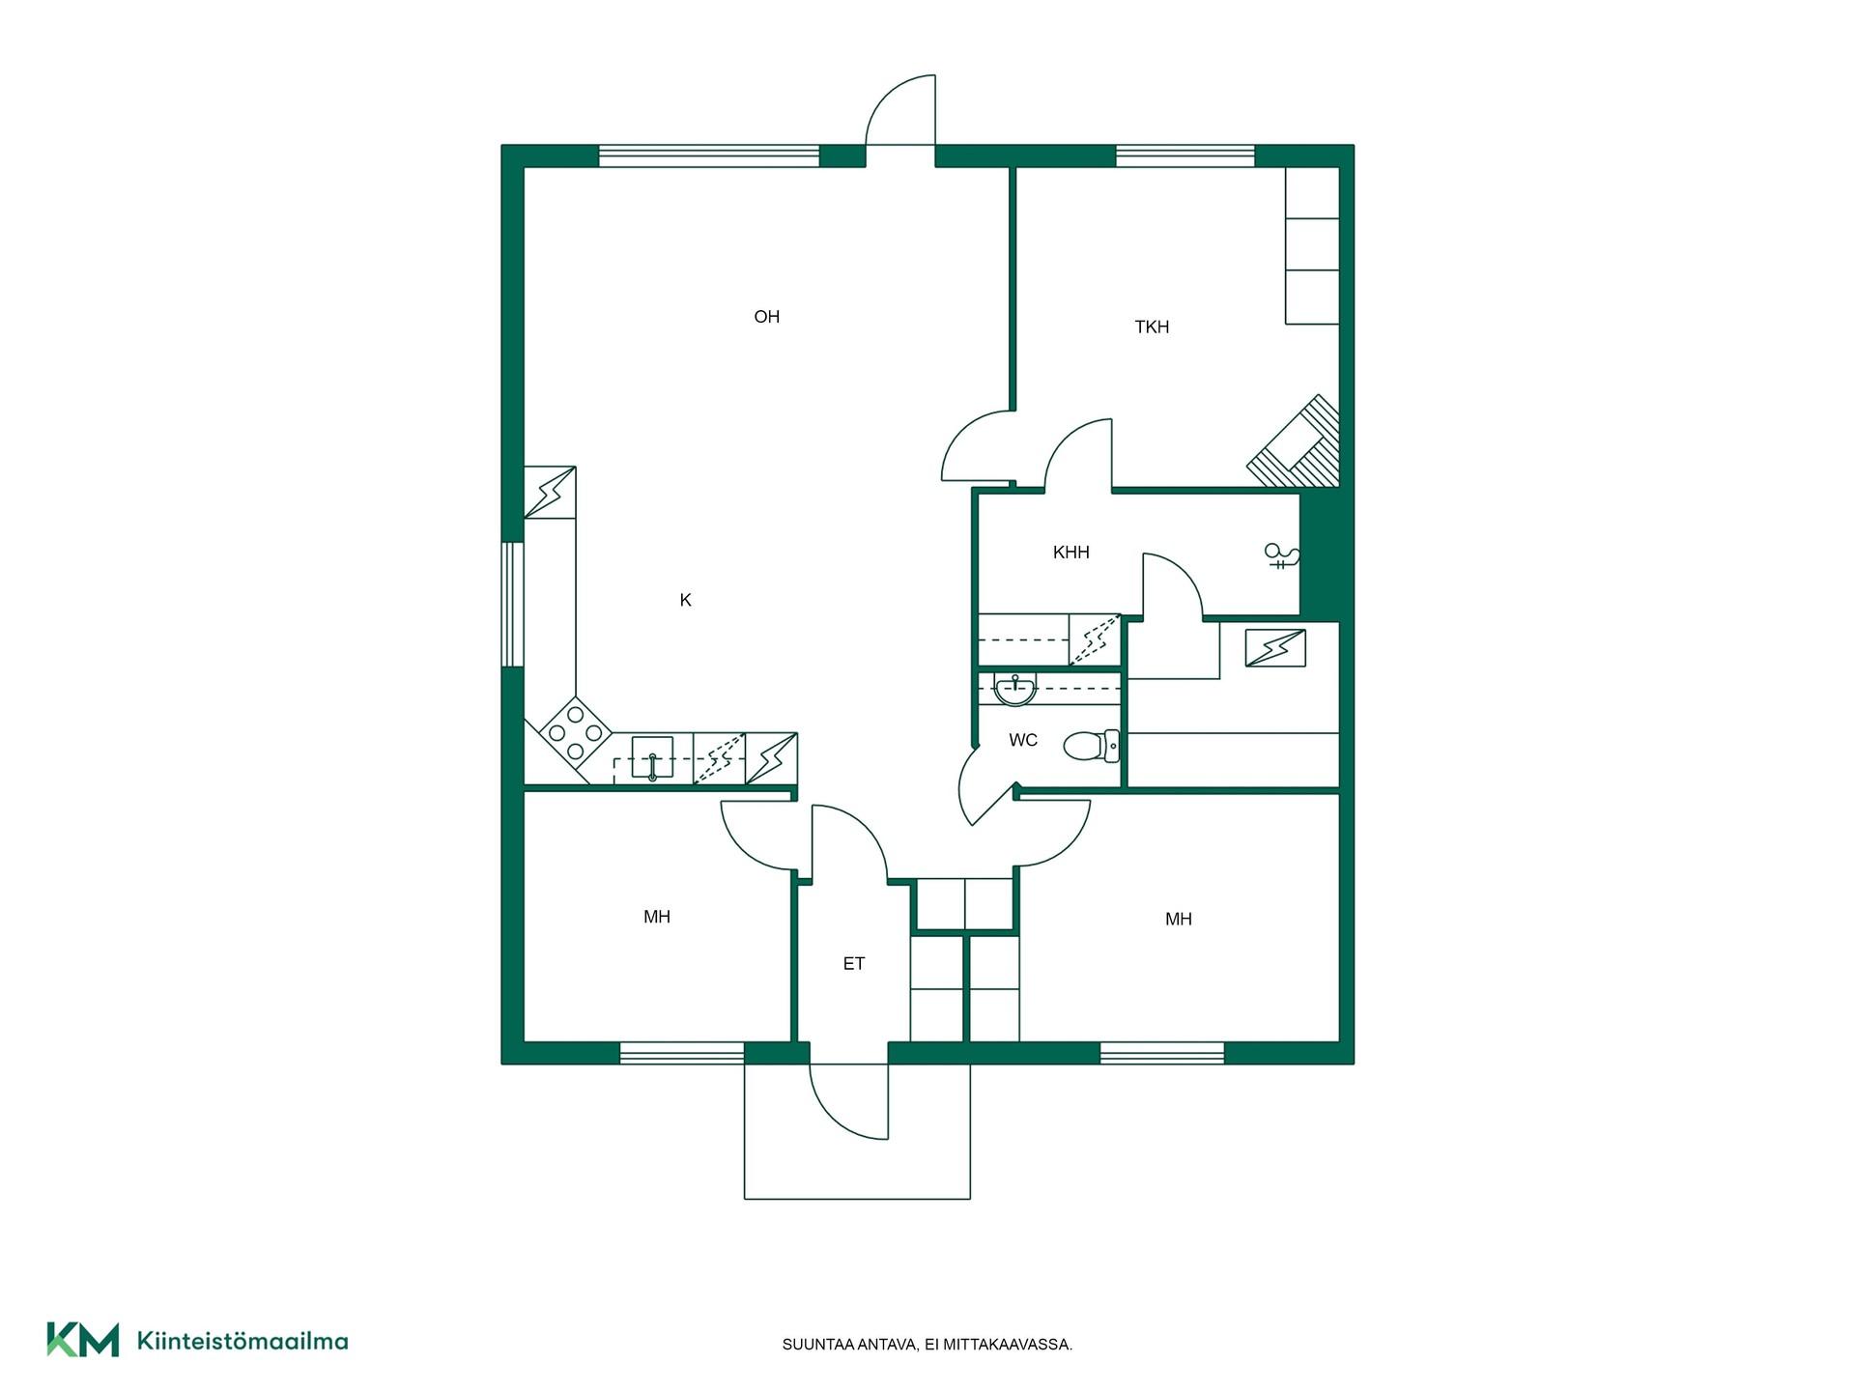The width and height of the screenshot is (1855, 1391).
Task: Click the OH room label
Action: point(766,317)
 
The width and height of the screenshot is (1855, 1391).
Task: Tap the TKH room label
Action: point(1152,327)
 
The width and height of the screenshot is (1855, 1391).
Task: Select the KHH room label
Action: point(1070,553)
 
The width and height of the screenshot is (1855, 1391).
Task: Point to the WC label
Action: point(1023,740)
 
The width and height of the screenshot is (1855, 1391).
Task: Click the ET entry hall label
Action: point(853,963)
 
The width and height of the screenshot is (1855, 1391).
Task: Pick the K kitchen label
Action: point(685,600)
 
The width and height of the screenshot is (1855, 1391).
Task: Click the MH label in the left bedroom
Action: point(657,917)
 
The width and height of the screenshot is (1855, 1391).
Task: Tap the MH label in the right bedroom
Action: point(1178,919)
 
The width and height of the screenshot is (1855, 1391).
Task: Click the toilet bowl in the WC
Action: point(1092,746)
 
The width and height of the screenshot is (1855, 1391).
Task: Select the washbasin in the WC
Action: point(1014,690)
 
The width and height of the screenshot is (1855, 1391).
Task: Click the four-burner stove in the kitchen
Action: point(575,733)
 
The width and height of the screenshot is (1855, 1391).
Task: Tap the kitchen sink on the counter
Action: point(652,757)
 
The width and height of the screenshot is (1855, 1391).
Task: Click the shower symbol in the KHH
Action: point(1282,555)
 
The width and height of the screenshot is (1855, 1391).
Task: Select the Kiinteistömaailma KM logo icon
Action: point(83,1340)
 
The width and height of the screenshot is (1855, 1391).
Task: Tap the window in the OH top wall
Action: point(709,156)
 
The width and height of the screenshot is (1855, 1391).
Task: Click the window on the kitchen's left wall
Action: point(512,605)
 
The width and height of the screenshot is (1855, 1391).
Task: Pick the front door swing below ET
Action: point(848,1101)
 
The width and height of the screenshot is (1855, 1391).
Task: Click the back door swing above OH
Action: point(900,109)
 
